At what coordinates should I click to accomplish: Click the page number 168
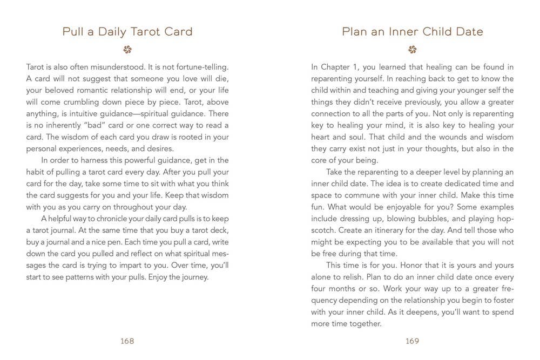point(127,341)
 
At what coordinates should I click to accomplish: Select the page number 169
point(412,341)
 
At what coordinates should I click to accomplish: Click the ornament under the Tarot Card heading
point(127,50)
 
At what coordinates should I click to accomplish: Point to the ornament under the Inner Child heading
point(412,50)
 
